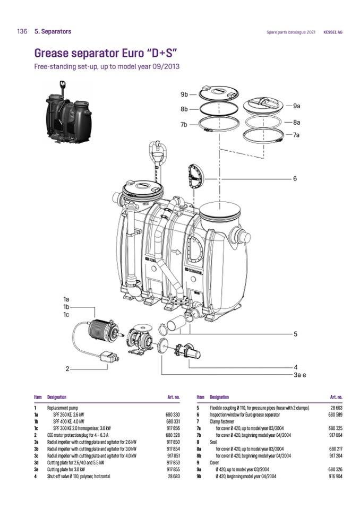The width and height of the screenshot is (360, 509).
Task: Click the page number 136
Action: tap(22, 32)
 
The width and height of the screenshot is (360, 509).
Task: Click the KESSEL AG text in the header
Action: tap(332, 32)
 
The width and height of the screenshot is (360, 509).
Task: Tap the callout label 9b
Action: tap(184, 94)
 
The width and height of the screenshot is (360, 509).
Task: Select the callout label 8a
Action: tap(296, 122)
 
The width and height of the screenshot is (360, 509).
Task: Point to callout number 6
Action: tap(295, 178)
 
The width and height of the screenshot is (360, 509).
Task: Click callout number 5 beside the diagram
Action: tap(295, 334)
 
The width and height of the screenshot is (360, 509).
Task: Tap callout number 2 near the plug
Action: tap(67, 368)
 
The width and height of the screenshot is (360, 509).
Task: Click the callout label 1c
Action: tap(66, 314)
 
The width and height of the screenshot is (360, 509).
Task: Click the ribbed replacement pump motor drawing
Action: tap(100, 331)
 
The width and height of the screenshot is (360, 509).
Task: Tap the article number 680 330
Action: tap(173, 413)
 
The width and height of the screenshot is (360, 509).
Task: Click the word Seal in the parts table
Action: tap(214, 442)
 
